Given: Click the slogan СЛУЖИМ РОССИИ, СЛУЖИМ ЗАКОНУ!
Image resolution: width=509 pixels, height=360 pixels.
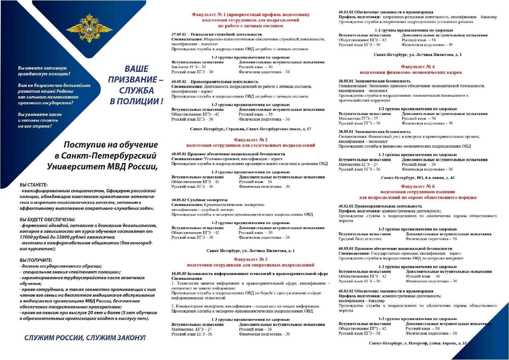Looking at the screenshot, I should pyautogui.click(x=85, y=338).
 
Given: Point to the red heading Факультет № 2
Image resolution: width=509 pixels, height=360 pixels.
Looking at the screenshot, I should pyautogui.click(x=250, y=140).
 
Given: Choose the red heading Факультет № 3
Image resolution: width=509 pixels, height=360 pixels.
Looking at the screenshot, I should pyautogui.click(x=250, y=259).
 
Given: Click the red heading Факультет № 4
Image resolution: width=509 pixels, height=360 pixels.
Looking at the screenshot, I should pyautogui.click(x=418, y=67).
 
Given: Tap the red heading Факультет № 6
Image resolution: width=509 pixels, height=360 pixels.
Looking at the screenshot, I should pyautogui.click(x=418, y=186).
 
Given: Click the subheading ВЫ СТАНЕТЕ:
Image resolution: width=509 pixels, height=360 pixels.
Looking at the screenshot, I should pyautogui.click(x=33, y=185).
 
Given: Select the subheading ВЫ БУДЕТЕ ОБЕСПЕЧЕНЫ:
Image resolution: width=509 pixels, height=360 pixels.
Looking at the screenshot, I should pyautogui.click(x=47, y=220).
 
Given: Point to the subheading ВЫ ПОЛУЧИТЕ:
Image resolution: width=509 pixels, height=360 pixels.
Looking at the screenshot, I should pyautogui.click(x=36, y=260).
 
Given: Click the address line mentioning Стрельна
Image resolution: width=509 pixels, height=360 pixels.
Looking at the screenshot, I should pyautogui.click(x=250, y=129).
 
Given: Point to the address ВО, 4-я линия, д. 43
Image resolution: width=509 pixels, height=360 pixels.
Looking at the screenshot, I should pyautogui.click(x=418, y=178).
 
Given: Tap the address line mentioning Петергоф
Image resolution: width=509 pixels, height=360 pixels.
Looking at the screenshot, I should pyautogui.click(x=418, y=343).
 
